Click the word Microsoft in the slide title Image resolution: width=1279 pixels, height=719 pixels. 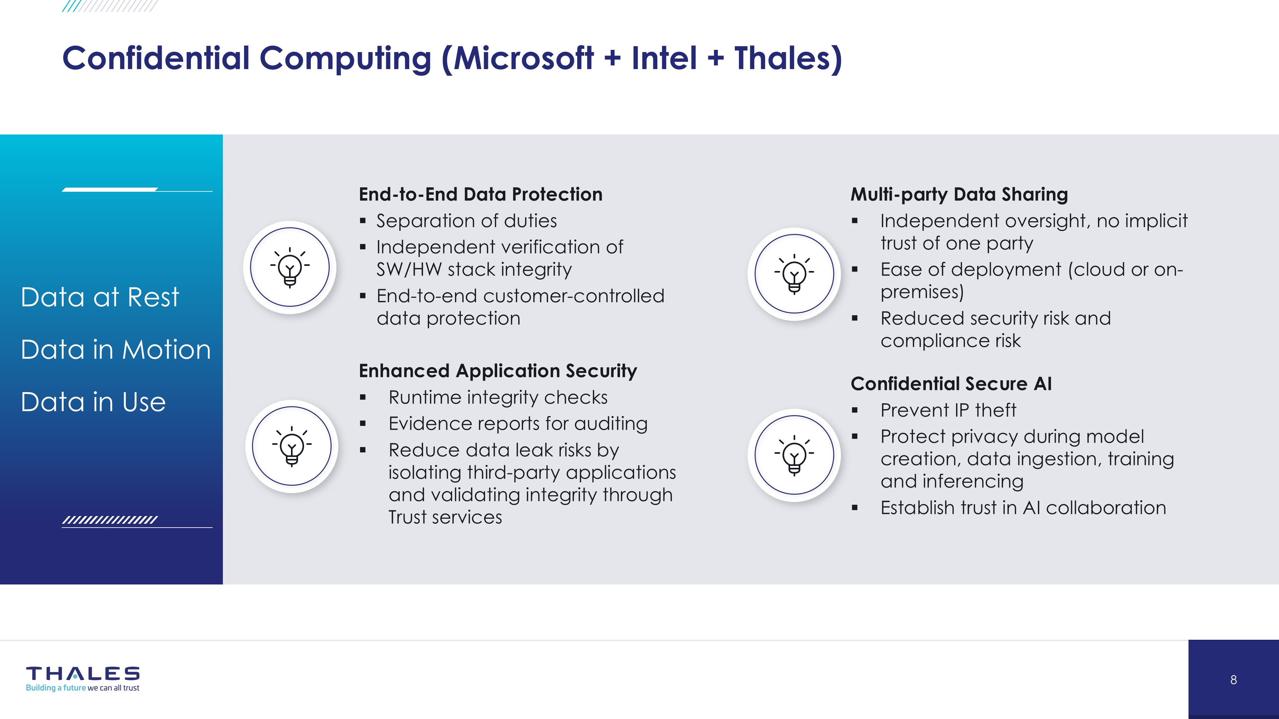(523, 58)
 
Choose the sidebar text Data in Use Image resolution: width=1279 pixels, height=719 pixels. (93, 402)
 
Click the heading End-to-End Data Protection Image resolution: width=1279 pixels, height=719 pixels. (481, 194)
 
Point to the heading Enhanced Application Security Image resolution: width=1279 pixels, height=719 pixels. (498, 371)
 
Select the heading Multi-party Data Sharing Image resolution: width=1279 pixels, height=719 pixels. (959, 194)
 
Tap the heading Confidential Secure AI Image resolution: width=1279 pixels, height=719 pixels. (951, 383)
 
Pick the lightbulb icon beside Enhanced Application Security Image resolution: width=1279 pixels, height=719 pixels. (292, 446)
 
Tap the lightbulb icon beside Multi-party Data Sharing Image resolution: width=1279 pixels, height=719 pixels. (794, 274)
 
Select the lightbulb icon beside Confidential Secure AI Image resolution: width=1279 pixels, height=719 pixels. (794, 455)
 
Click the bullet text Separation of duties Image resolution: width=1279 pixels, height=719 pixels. (467, 221)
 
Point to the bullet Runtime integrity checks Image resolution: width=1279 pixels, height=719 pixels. (498, 398)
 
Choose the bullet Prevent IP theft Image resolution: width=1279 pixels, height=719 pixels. (948, 410)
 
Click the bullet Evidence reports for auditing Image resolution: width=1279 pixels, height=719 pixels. (518, 424)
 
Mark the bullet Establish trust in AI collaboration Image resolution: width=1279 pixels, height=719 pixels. (1023, 508)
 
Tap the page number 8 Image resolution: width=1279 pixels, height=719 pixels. (1233, 680)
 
